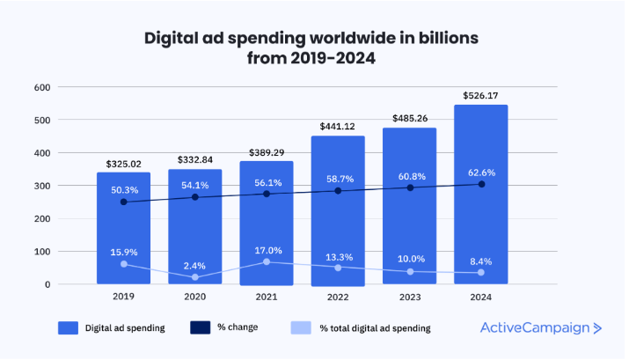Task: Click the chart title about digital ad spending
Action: (x=314, y=48)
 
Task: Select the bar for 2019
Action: (x=123, y=228)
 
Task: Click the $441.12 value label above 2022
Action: (x=338, y=126)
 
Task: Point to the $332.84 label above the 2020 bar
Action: (x=194, y=159)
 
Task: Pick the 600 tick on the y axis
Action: (x=41, y=87)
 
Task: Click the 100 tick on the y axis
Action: (x=41, y=252)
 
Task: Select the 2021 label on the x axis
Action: (x=266, y=297)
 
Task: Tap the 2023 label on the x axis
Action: (x=409, y=297)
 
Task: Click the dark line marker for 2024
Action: (x=480, y=184)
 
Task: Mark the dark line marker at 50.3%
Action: (x=123, y=202)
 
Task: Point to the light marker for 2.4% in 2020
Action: (x=194, y=277)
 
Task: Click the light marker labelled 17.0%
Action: (x=266, y=261)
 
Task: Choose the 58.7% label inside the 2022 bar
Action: (x=338, y=177)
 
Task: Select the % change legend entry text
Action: (x=238, y=328)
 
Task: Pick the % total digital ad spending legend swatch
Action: (x=300, y=328)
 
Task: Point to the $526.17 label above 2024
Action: (x=480, y=94)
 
